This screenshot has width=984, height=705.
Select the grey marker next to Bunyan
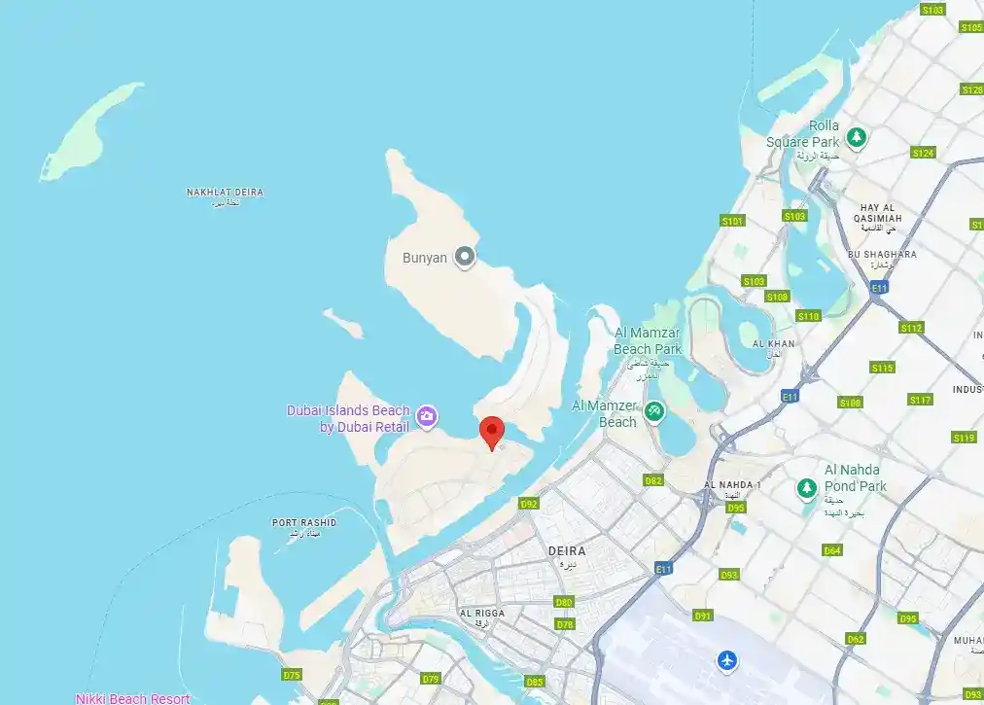466,257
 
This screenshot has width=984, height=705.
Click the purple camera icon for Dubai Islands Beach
426,417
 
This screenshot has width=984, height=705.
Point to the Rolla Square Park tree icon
856,138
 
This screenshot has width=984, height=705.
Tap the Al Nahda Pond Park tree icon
805,486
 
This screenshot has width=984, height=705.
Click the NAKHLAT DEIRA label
225,193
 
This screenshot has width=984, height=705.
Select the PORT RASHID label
303,523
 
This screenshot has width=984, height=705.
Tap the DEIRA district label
567,551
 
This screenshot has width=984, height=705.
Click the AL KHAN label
773,344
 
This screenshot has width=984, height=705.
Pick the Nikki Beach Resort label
132,698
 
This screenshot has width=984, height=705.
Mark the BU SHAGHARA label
882,255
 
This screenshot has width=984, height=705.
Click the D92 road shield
529,504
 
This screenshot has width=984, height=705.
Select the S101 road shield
732,222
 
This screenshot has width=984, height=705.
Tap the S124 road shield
923,154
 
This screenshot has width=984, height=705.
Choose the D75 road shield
292,675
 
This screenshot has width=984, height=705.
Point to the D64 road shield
832,550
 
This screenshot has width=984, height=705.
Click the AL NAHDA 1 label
732,485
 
